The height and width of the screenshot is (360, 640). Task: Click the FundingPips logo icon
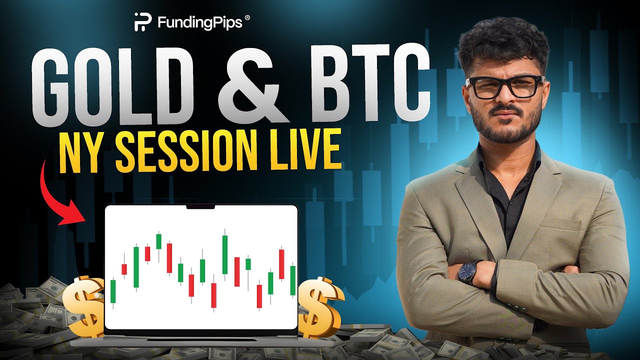(140, 21)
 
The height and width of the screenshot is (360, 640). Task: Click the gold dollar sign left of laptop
(84, 305)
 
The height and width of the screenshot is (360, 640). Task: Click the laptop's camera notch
(200, 206)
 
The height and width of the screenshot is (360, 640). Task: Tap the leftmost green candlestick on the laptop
(113, 292)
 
